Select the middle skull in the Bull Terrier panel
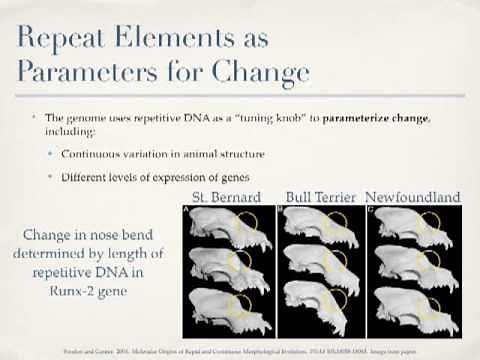pos(318,271)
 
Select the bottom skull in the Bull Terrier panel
pos(318,313)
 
